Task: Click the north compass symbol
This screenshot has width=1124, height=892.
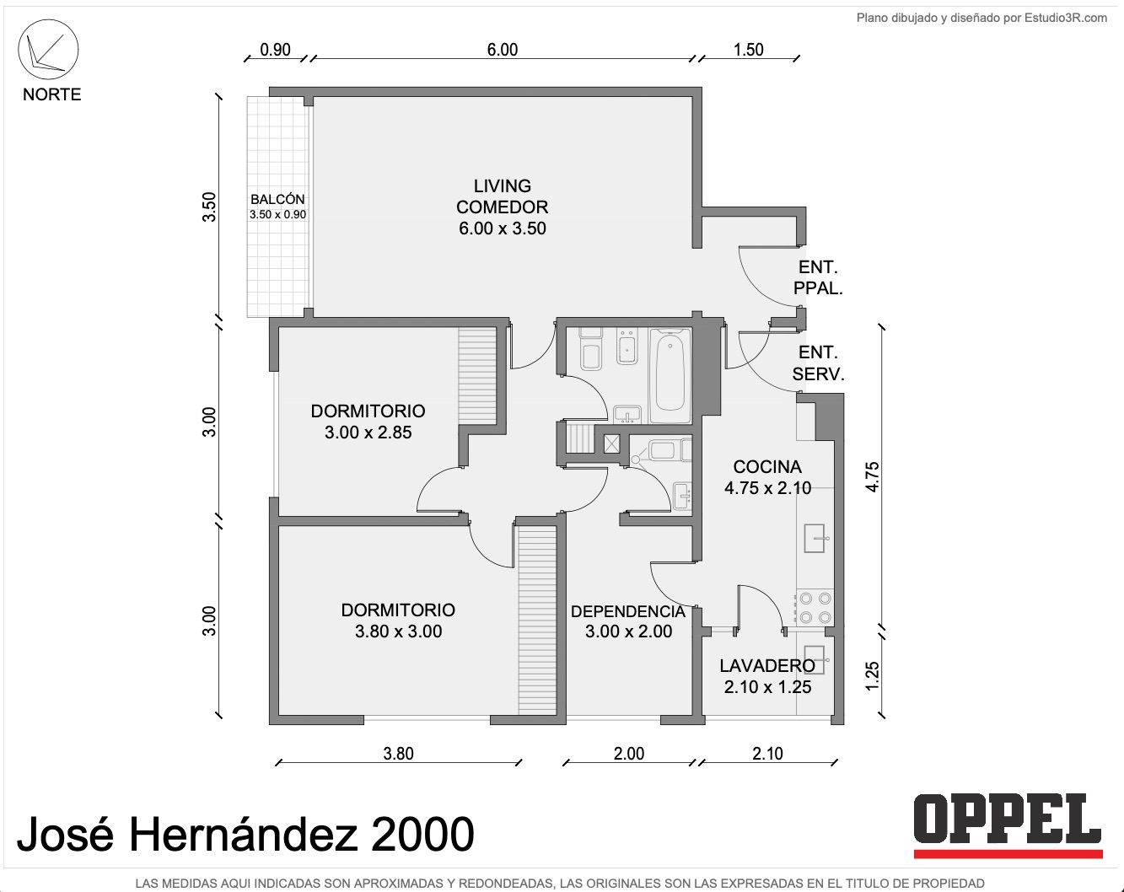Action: click(x=48, y=50)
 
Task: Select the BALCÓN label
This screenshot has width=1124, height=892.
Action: click(x=277, y=200)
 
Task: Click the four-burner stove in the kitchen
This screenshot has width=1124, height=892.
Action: click(x=815, y=607)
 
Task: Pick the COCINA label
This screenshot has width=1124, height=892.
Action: click(x=766, y=467)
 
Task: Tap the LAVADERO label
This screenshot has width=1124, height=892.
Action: click(x=767, y=666)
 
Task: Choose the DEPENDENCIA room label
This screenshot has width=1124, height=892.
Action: click(x=628, y=612)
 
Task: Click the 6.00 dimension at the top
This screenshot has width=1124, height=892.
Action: click(x=503, y=50)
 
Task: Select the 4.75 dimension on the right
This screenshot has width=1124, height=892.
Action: click(x=872, y=477)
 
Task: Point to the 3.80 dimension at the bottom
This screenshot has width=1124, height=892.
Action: click(x=398, y=754)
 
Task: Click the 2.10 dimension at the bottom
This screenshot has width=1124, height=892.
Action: click(x=767, y=754)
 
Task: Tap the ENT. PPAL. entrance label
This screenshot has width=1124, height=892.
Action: click(x=818, y=278)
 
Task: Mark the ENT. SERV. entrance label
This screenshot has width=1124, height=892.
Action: click(x=818, y=363)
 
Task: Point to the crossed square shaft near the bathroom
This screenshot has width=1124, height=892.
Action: click(x=611, y=444)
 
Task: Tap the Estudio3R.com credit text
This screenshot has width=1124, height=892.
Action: click(x=1066, y=19)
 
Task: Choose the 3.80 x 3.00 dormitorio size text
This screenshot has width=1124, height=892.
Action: click(x=399, y=632)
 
